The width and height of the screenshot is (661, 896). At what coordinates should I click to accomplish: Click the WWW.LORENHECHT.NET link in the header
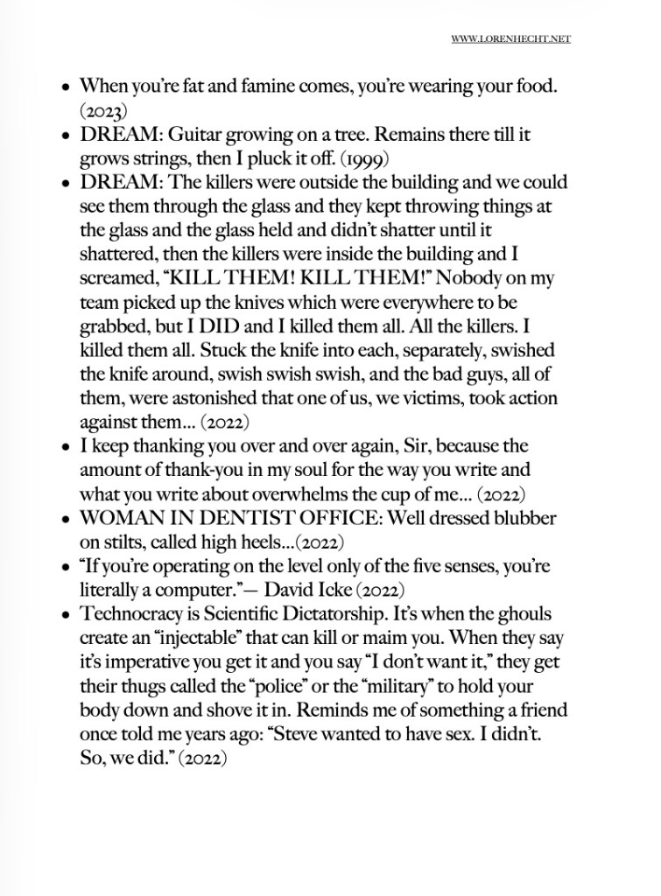coord(511,39)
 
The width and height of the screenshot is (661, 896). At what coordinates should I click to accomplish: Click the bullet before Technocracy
coord(67,615)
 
